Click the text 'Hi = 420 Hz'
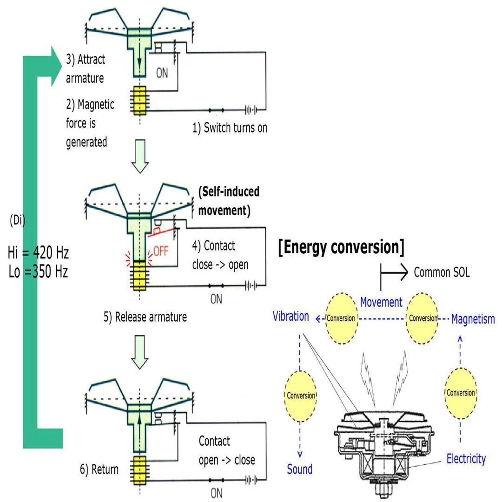(x=38, y=253)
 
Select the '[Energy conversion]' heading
(x=341, y=247)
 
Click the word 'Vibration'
(x=291, y=317)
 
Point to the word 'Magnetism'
(x=473, y=319)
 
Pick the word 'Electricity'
(x=466, y=459)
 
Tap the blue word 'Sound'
(x=299, y=469)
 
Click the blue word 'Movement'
(x=381, y=302)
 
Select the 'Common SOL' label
(x=442, y=272)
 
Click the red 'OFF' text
(x=161, y=251)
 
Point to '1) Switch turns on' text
(x=230, y=128)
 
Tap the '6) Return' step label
(x=99, y=469)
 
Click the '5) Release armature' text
(x=145, y=317)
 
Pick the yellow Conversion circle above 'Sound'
(x=300, y=395)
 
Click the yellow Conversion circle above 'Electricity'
(x=460, y=392)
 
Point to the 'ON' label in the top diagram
(x=162, y=73)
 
